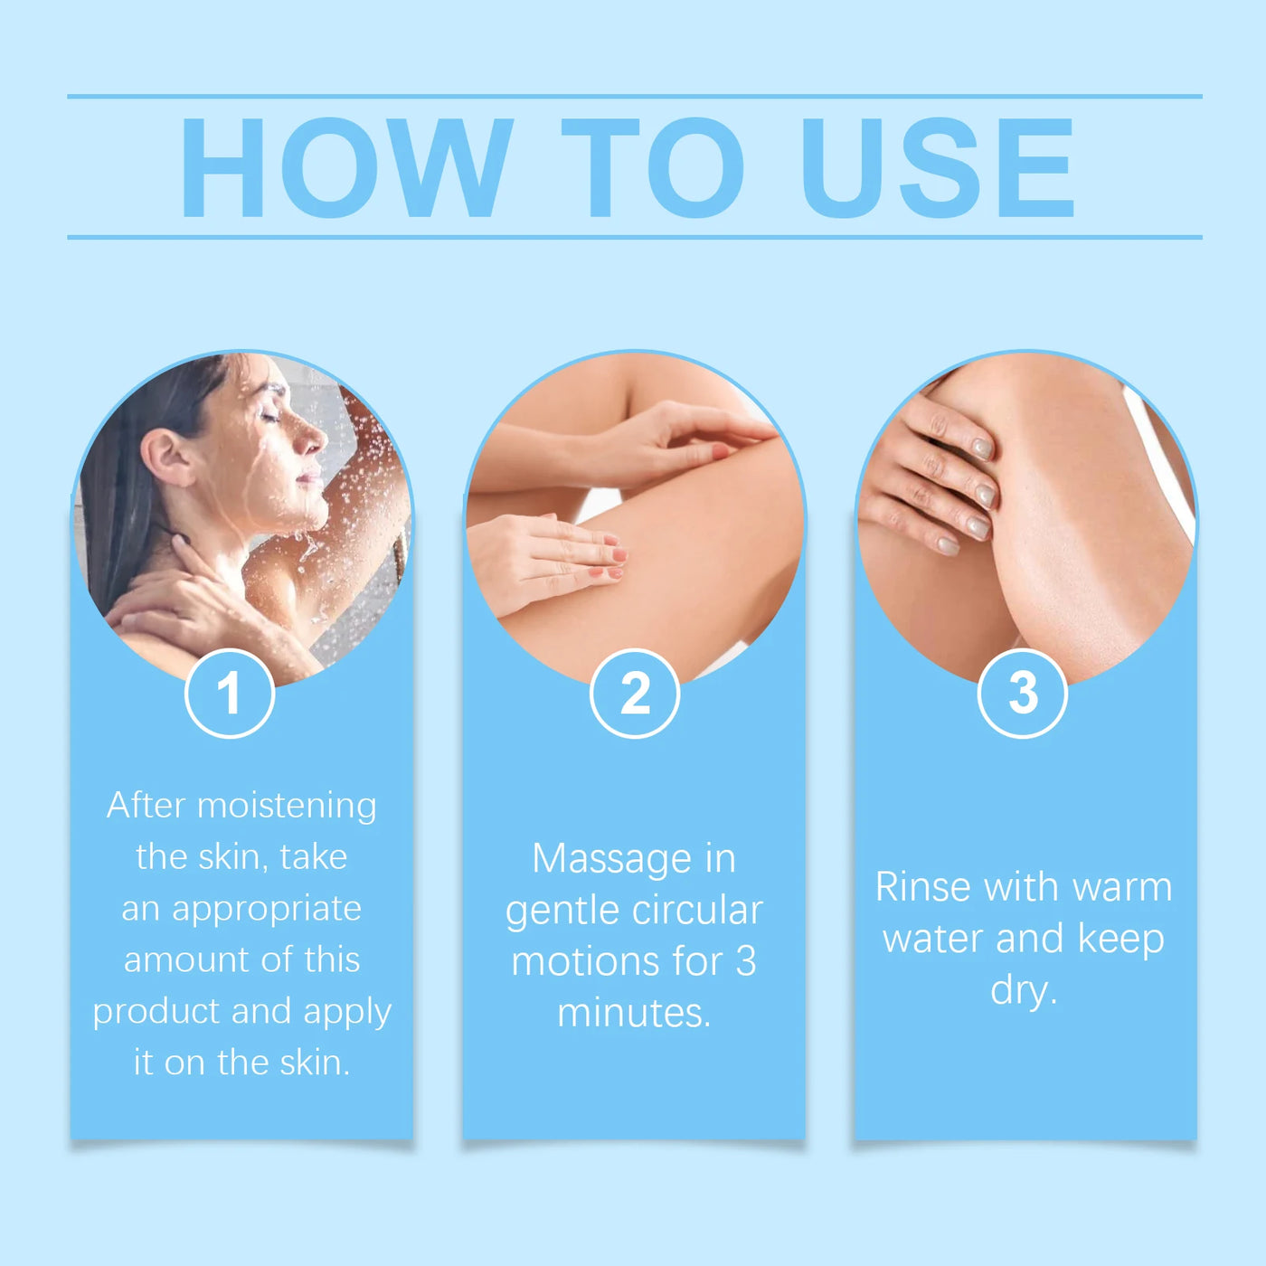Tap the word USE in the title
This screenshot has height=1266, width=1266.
tap(938, 167)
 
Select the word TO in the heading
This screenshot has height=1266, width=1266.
tap(652, 167)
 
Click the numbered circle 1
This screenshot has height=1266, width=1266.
tap(230, 693)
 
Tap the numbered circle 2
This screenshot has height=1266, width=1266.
tap(635, 693)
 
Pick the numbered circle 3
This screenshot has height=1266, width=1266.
tap(1022, 693)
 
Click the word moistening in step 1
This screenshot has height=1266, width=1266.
tap(287, 806)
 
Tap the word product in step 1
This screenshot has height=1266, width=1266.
tap(156, 1013)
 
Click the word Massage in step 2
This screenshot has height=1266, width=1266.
tap(611, 859)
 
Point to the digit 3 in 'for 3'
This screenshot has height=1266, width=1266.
tap(746, 961)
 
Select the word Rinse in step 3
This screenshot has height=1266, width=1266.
tap(923, 887)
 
